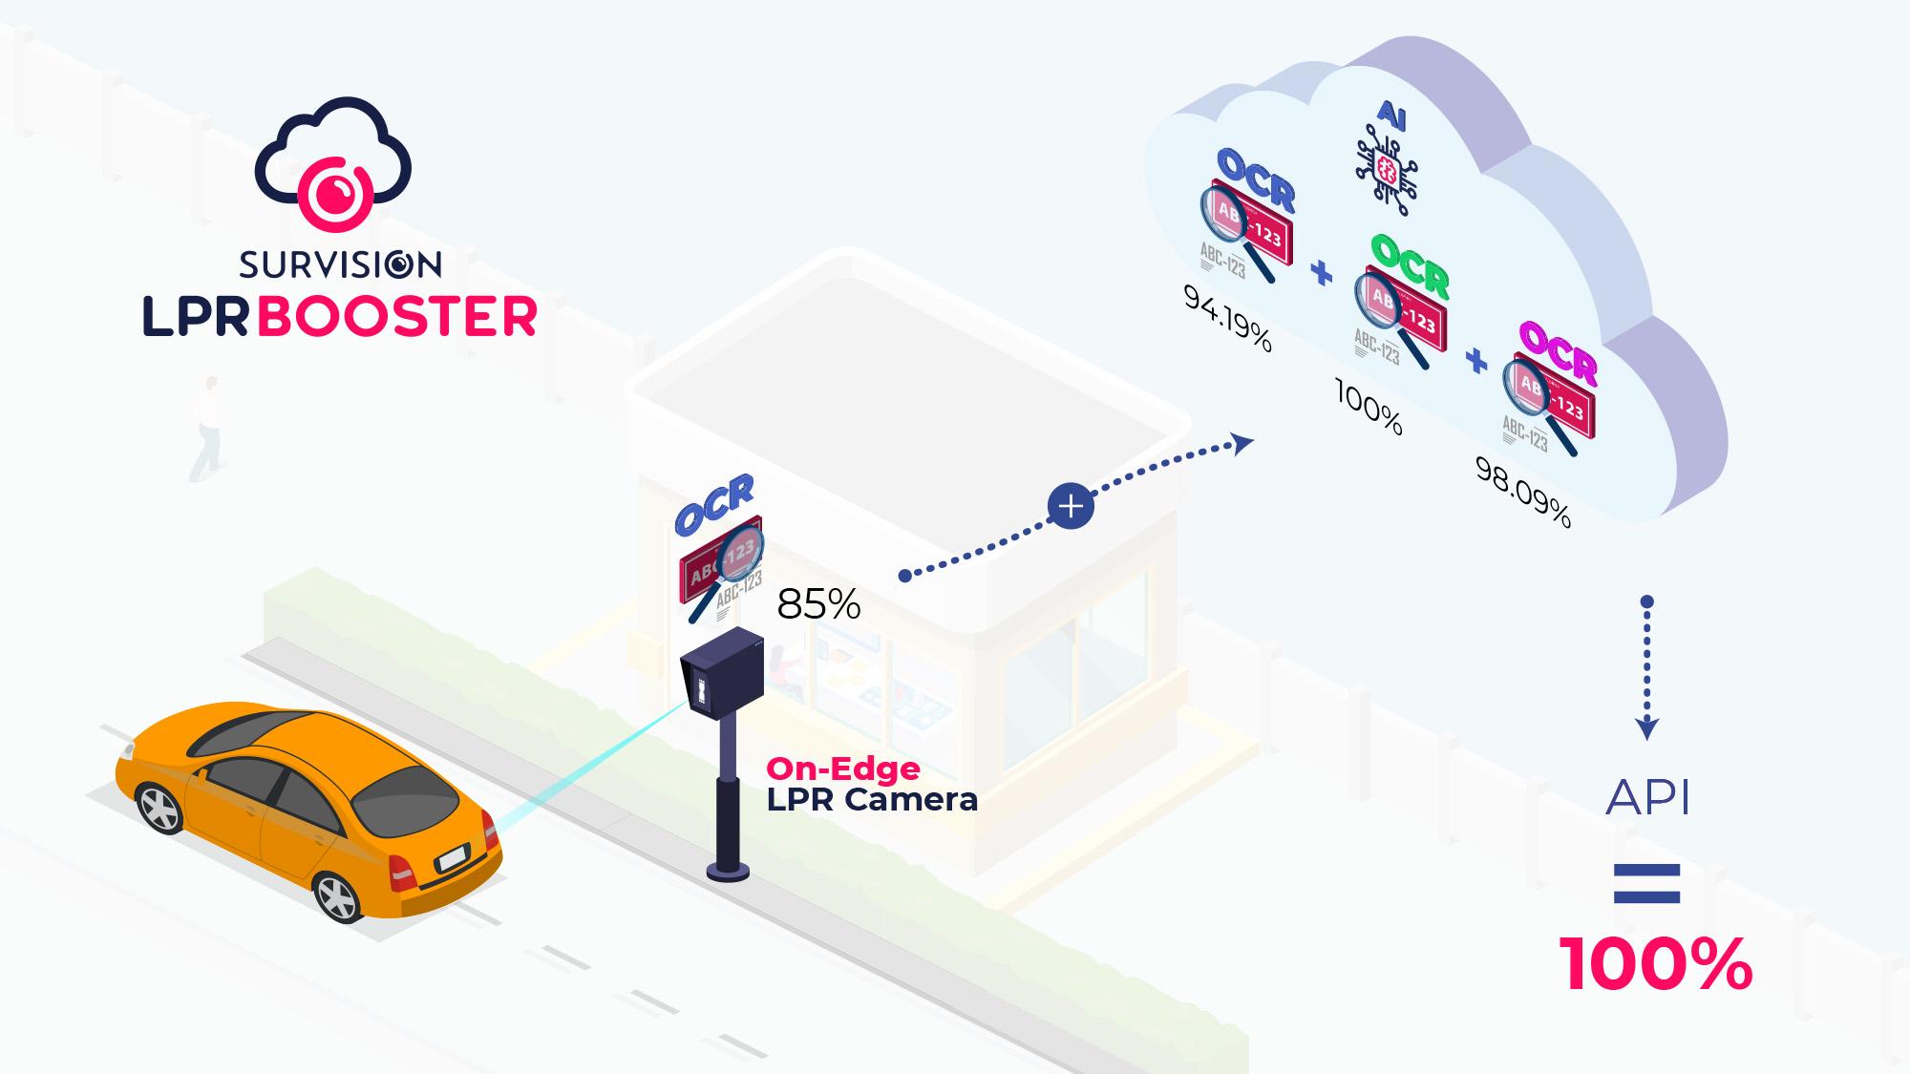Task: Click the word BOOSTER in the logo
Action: click(397, 316)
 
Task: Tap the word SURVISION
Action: click(340, 263)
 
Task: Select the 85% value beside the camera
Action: click(818, 604)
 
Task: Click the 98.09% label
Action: click(1523, 492)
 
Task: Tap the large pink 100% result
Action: click(1656, 964)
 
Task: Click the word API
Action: click(1647, 797)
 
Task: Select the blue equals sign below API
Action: click(1646, 884)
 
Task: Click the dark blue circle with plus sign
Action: click(1071, 505)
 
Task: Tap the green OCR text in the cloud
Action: click(1411, 264)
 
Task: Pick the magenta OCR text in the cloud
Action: click(1559, 352)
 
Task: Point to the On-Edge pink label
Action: click(843, 769)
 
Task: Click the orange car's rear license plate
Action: click(452, 860)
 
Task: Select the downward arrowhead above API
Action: click(1646, 729)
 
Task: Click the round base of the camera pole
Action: click(728, 871)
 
